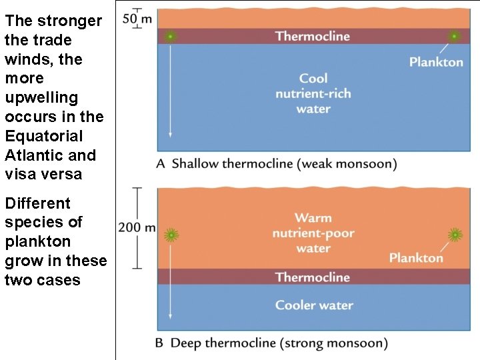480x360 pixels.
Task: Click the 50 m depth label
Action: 137,18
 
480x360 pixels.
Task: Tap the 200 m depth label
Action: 137,228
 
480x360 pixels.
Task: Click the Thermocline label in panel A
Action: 313,36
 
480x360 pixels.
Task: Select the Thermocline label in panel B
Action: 313,277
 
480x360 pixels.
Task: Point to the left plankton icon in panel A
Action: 171,36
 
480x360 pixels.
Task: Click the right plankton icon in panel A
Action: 454,36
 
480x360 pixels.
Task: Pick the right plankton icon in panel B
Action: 455,234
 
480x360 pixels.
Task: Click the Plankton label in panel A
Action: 436,62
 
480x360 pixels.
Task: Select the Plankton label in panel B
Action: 416,258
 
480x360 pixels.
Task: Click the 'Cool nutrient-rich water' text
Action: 313,93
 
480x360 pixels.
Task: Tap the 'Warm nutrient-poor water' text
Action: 313,233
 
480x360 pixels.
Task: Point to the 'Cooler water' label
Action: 314,305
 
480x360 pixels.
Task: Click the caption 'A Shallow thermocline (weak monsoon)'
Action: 276,164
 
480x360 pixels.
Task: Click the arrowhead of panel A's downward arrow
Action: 170,134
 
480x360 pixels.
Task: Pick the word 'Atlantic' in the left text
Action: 29,155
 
